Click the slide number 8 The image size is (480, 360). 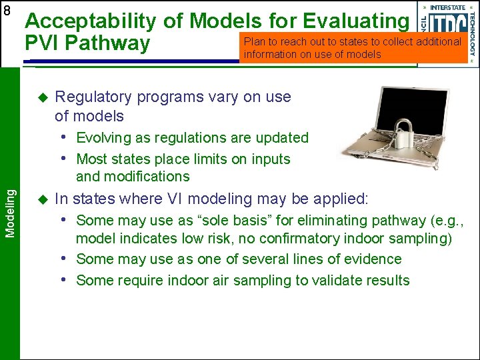coord(7,11)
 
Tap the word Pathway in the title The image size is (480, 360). coord(113,44)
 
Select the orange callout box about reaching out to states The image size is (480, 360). coord(353,48)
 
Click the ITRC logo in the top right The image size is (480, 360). coord(447,32)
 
